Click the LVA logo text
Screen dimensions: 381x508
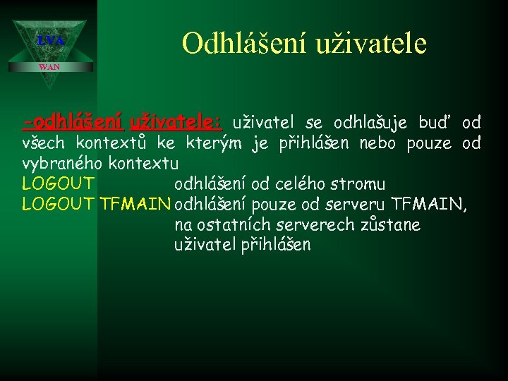pos(50,42)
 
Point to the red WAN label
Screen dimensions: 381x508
pos(49,67)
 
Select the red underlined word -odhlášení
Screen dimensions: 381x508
pos(73,123)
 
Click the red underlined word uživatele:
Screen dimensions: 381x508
pos(176,123)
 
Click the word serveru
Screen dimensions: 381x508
pos(356,205)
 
